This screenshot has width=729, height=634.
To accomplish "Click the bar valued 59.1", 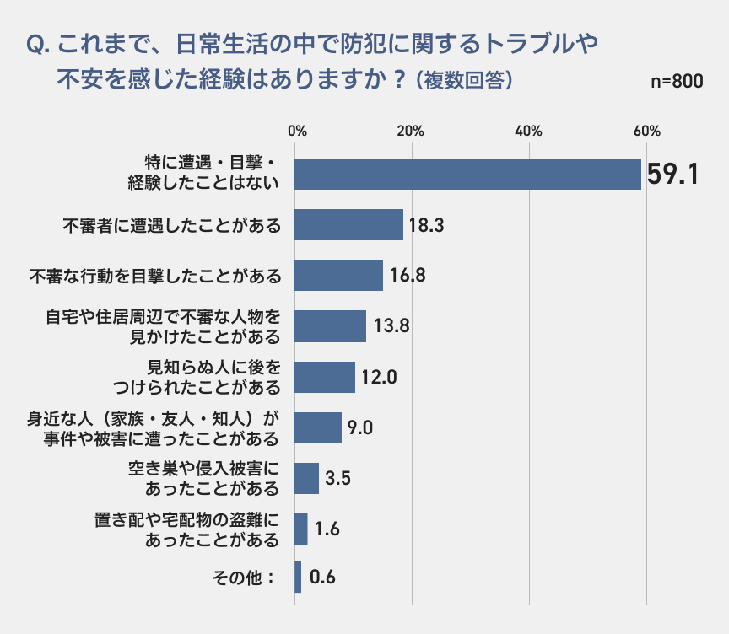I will tap(468, 174).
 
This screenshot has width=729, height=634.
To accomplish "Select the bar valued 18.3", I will tap(349, 225).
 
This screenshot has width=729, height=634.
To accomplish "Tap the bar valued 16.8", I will tap(339, 275).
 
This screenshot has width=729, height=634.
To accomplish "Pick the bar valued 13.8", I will tap(331, 326).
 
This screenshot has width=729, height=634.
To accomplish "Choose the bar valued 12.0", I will tap(326, 377).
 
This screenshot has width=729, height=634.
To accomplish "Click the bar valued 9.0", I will tap(319, 427).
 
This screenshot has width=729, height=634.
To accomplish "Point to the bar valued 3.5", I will tap(307, 478).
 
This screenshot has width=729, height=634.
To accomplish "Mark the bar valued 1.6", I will tap(302, 529).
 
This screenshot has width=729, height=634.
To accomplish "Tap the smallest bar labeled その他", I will tap(298, 578).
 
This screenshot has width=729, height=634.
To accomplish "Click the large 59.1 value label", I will tap(673, 175).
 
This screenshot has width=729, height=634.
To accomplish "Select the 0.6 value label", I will tap(323, 578).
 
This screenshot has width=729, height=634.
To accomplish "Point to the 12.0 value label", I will tap(379, 377).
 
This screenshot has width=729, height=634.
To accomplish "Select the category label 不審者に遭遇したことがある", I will tap(171, 225).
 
